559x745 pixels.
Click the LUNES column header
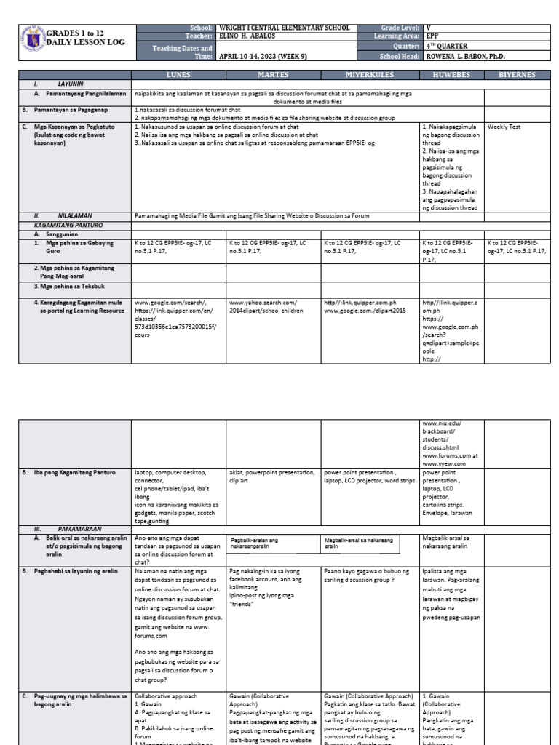pos(178,75)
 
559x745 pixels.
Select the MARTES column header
pos(273,75)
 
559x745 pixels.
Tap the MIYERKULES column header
pos(369,75)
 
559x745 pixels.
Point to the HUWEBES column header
pos(452,75)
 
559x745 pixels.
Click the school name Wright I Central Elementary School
pos(284,28)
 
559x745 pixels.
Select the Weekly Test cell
pos(504,127)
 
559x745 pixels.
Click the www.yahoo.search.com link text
pos(263,302)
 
